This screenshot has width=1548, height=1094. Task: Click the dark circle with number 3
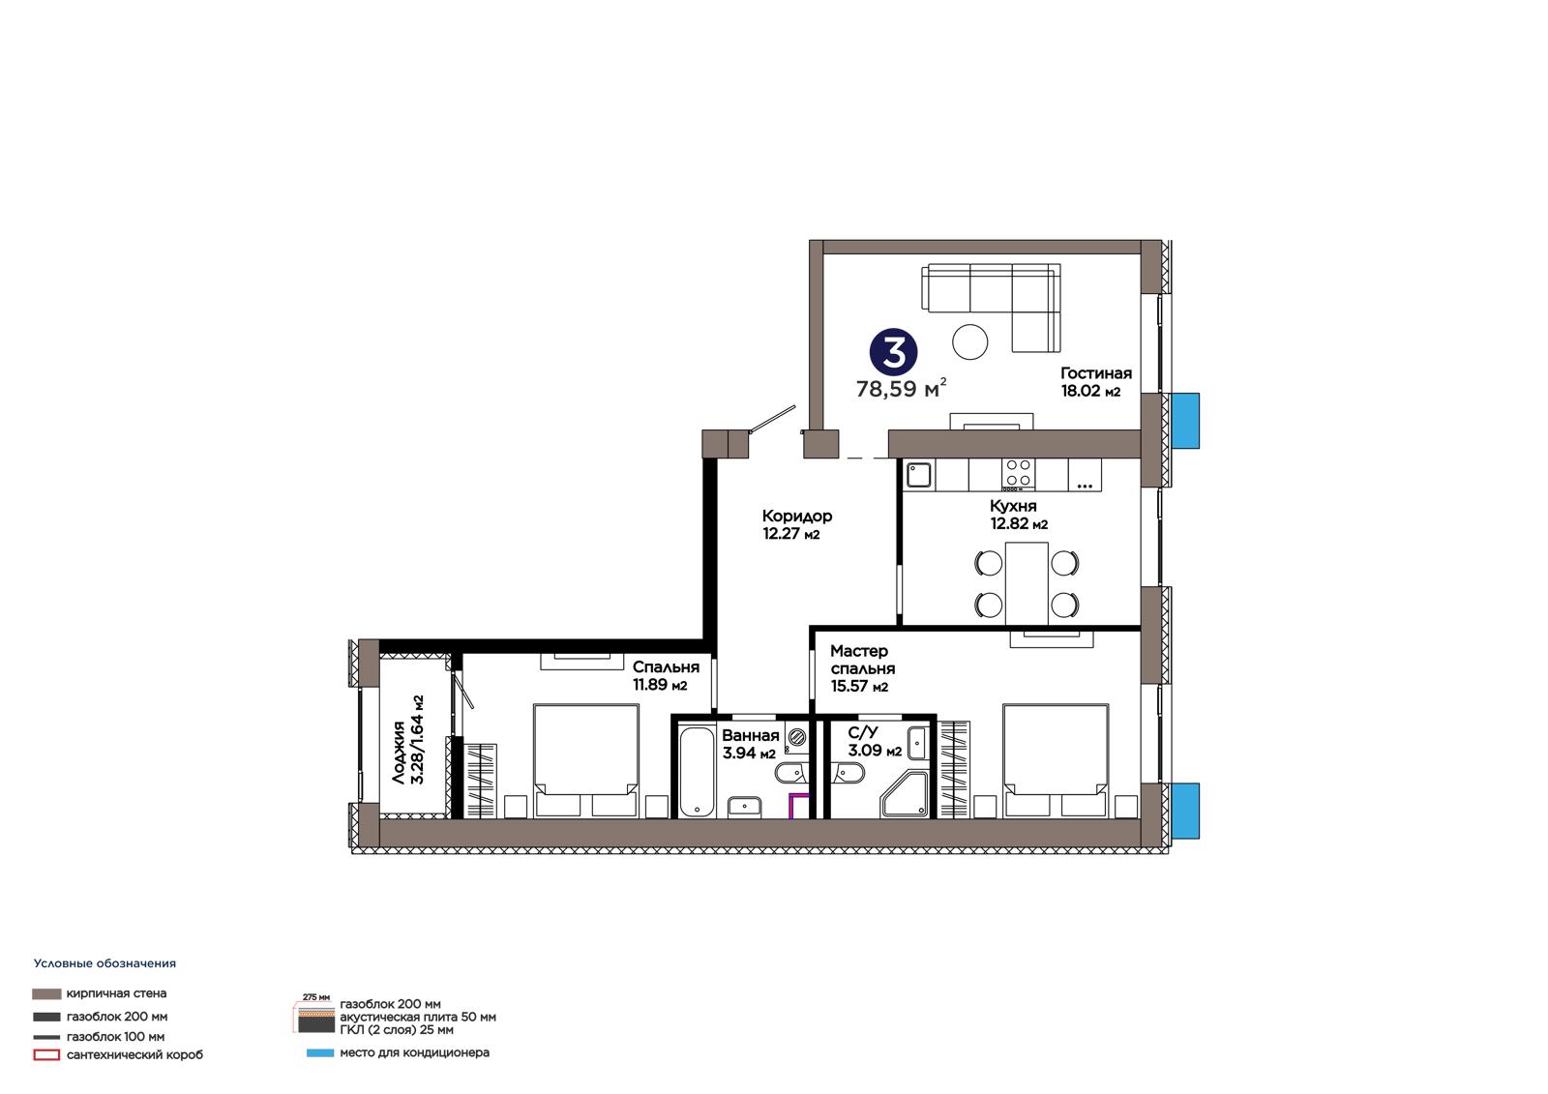(x=894, y=352)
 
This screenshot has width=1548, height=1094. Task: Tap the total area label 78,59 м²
(x=901, y=389)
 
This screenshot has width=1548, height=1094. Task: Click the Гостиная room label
(x=1096, y=373)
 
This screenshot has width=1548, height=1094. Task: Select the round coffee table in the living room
(x=970, y=341)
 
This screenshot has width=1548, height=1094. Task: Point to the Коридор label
(x=797, y=516)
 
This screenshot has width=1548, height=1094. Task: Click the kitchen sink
(x=919, y=476)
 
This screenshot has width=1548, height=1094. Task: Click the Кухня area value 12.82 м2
(x=1020, y=524)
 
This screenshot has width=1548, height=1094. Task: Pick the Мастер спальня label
(x=862, y=660)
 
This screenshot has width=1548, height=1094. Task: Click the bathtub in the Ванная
(x=697, y=772)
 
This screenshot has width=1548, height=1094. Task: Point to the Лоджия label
(x=398, y=753)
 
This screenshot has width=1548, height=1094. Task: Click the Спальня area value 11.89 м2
(x=660, y=685)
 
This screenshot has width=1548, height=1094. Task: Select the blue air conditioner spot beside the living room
(x=1185, y=420)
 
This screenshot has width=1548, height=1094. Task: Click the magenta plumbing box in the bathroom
(x=799, y=806)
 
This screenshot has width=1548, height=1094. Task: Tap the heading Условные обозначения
(x=105, y=963)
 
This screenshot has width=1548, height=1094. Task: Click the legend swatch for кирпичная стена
(x=46, y=993)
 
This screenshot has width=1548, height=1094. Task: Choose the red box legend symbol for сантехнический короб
(x=46, y=1055)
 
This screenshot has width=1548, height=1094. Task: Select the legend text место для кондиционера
(x=415, y=1053)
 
